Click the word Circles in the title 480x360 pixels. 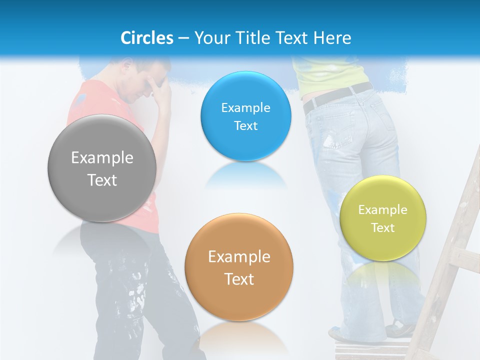point(146,38)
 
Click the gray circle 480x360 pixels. point(102,168)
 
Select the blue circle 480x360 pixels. point(245,116)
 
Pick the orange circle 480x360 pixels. point(239,267)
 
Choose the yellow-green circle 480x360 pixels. point(382,218)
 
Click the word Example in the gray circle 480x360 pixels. point(102,158)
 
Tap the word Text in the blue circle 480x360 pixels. point(245,126)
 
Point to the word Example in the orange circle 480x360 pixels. point(239,257)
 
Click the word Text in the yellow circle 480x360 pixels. point(383,228)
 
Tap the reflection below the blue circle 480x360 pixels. point(245,175)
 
